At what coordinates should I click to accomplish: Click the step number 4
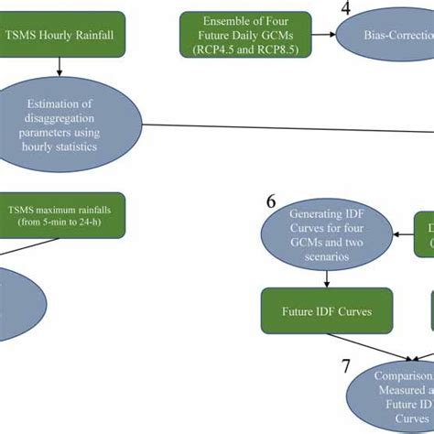(x=346, y=10)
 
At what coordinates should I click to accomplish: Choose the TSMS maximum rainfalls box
(x=64, y=213)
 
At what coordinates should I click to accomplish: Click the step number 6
(x=271, y=201)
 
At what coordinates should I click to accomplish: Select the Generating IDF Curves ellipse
(x=327, y=233)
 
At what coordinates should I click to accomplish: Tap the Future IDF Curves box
(x=327, y=311)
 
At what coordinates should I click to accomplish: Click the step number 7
(x=346, y=366)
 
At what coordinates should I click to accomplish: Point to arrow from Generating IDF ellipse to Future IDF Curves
(x=327, y=278)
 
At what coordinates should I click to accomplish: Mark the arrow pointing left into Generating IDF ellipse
(x=401, y=234)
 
